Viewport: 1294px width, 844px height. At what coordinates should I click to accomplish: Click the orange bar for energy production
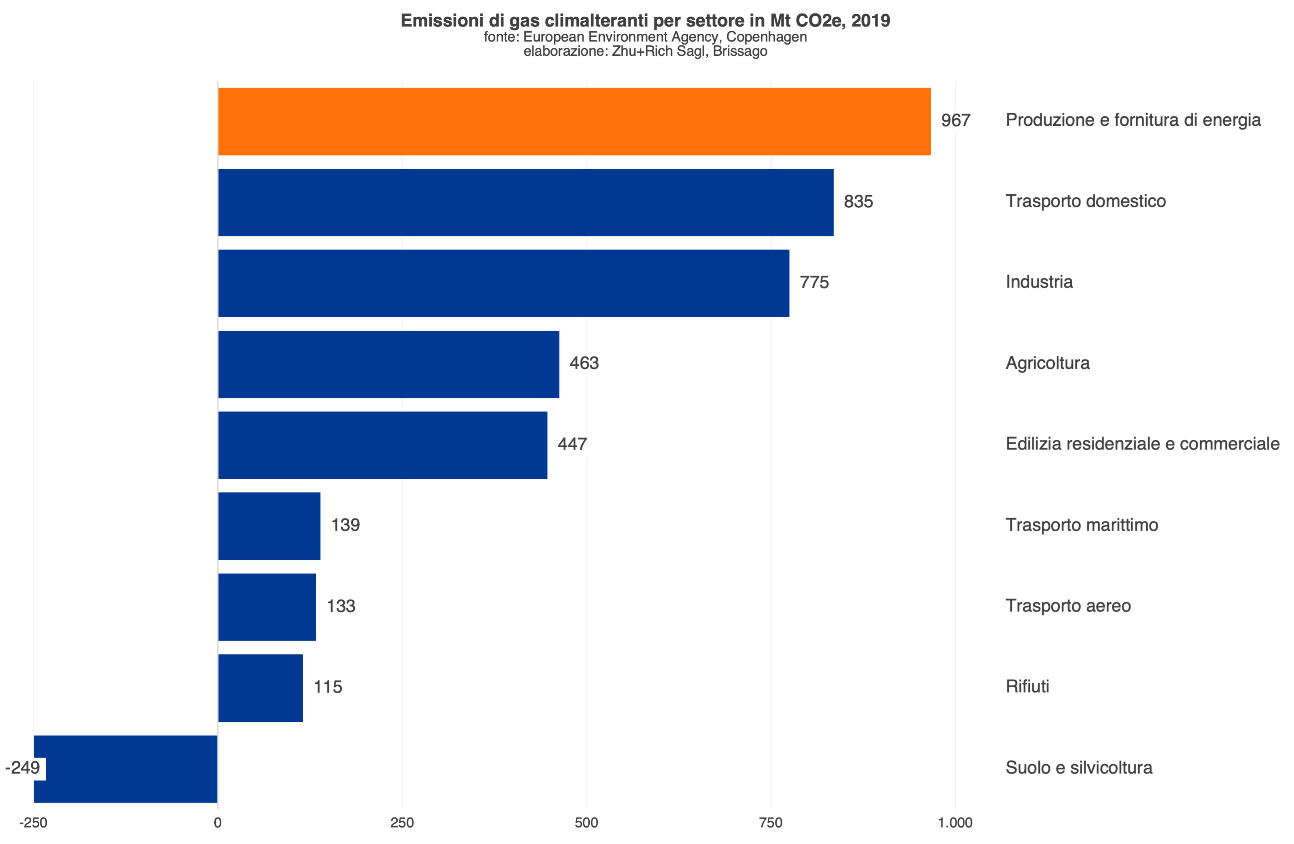(x=574, y=121)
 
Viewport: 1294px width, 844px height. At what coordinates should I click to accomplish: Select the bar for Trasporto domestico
(x=526, y=202)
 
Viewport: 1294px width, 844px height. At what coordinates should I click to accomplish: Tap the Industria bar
(x=504, y=283)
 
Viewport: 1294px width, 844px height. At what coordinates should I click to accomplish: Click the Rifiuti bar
(x=260, y=688)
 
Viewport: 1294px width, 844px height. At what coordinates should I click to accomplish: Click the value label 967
(x=955, y=120)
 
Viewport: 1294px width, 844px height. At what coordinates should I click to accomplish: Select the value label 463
(x=584, y=363)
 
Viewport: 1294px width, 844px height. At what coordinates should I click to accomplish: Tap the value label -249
(x=23, y=767)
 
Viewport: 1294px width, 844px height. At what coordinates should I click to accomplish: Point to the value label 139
(x=345, y=525)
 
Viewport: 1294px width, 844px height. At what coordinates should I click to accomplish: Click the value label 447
(x=572, y=444)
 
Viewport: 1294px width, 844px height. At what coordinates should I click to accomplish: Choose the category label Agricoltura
(x=1047, y=363)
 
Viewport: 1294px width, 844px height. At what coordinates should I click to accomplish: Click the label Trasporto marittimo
(x=1081, y=525)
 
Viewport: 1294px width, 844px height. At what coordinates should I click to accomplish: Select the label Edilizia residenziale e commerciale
(x=1142, y=444)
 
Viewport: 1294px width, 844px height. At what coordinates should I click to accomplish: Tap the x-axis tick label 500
(x=586, y=822)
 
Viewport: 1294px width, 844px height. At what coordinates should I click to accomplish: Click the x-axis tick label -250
(x=33, y=822)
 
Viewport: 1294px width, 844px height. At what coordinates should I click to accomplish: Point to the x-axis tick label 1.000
(x=955, y=822)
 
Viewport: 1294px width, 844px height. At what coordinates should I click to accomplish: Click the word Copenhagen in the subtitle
(x=766, y=37)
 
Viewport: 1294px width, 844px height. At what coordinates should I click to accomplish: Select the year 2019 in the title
(x=870, y=21)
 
